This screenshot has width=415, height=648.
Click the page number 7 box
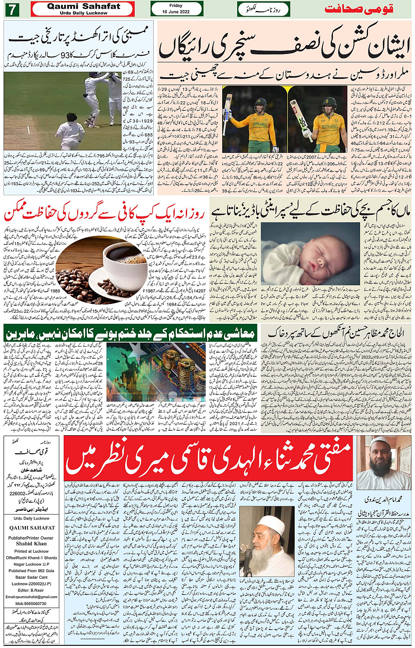12,9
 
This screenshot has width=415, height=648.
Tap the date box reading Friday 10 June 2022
177,9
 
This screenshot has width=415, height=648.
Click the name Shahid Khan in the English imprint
31,544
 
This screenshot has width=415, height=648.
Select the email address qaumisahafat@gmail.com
31,597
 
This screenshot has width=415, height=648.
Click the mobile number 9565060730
31,604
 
